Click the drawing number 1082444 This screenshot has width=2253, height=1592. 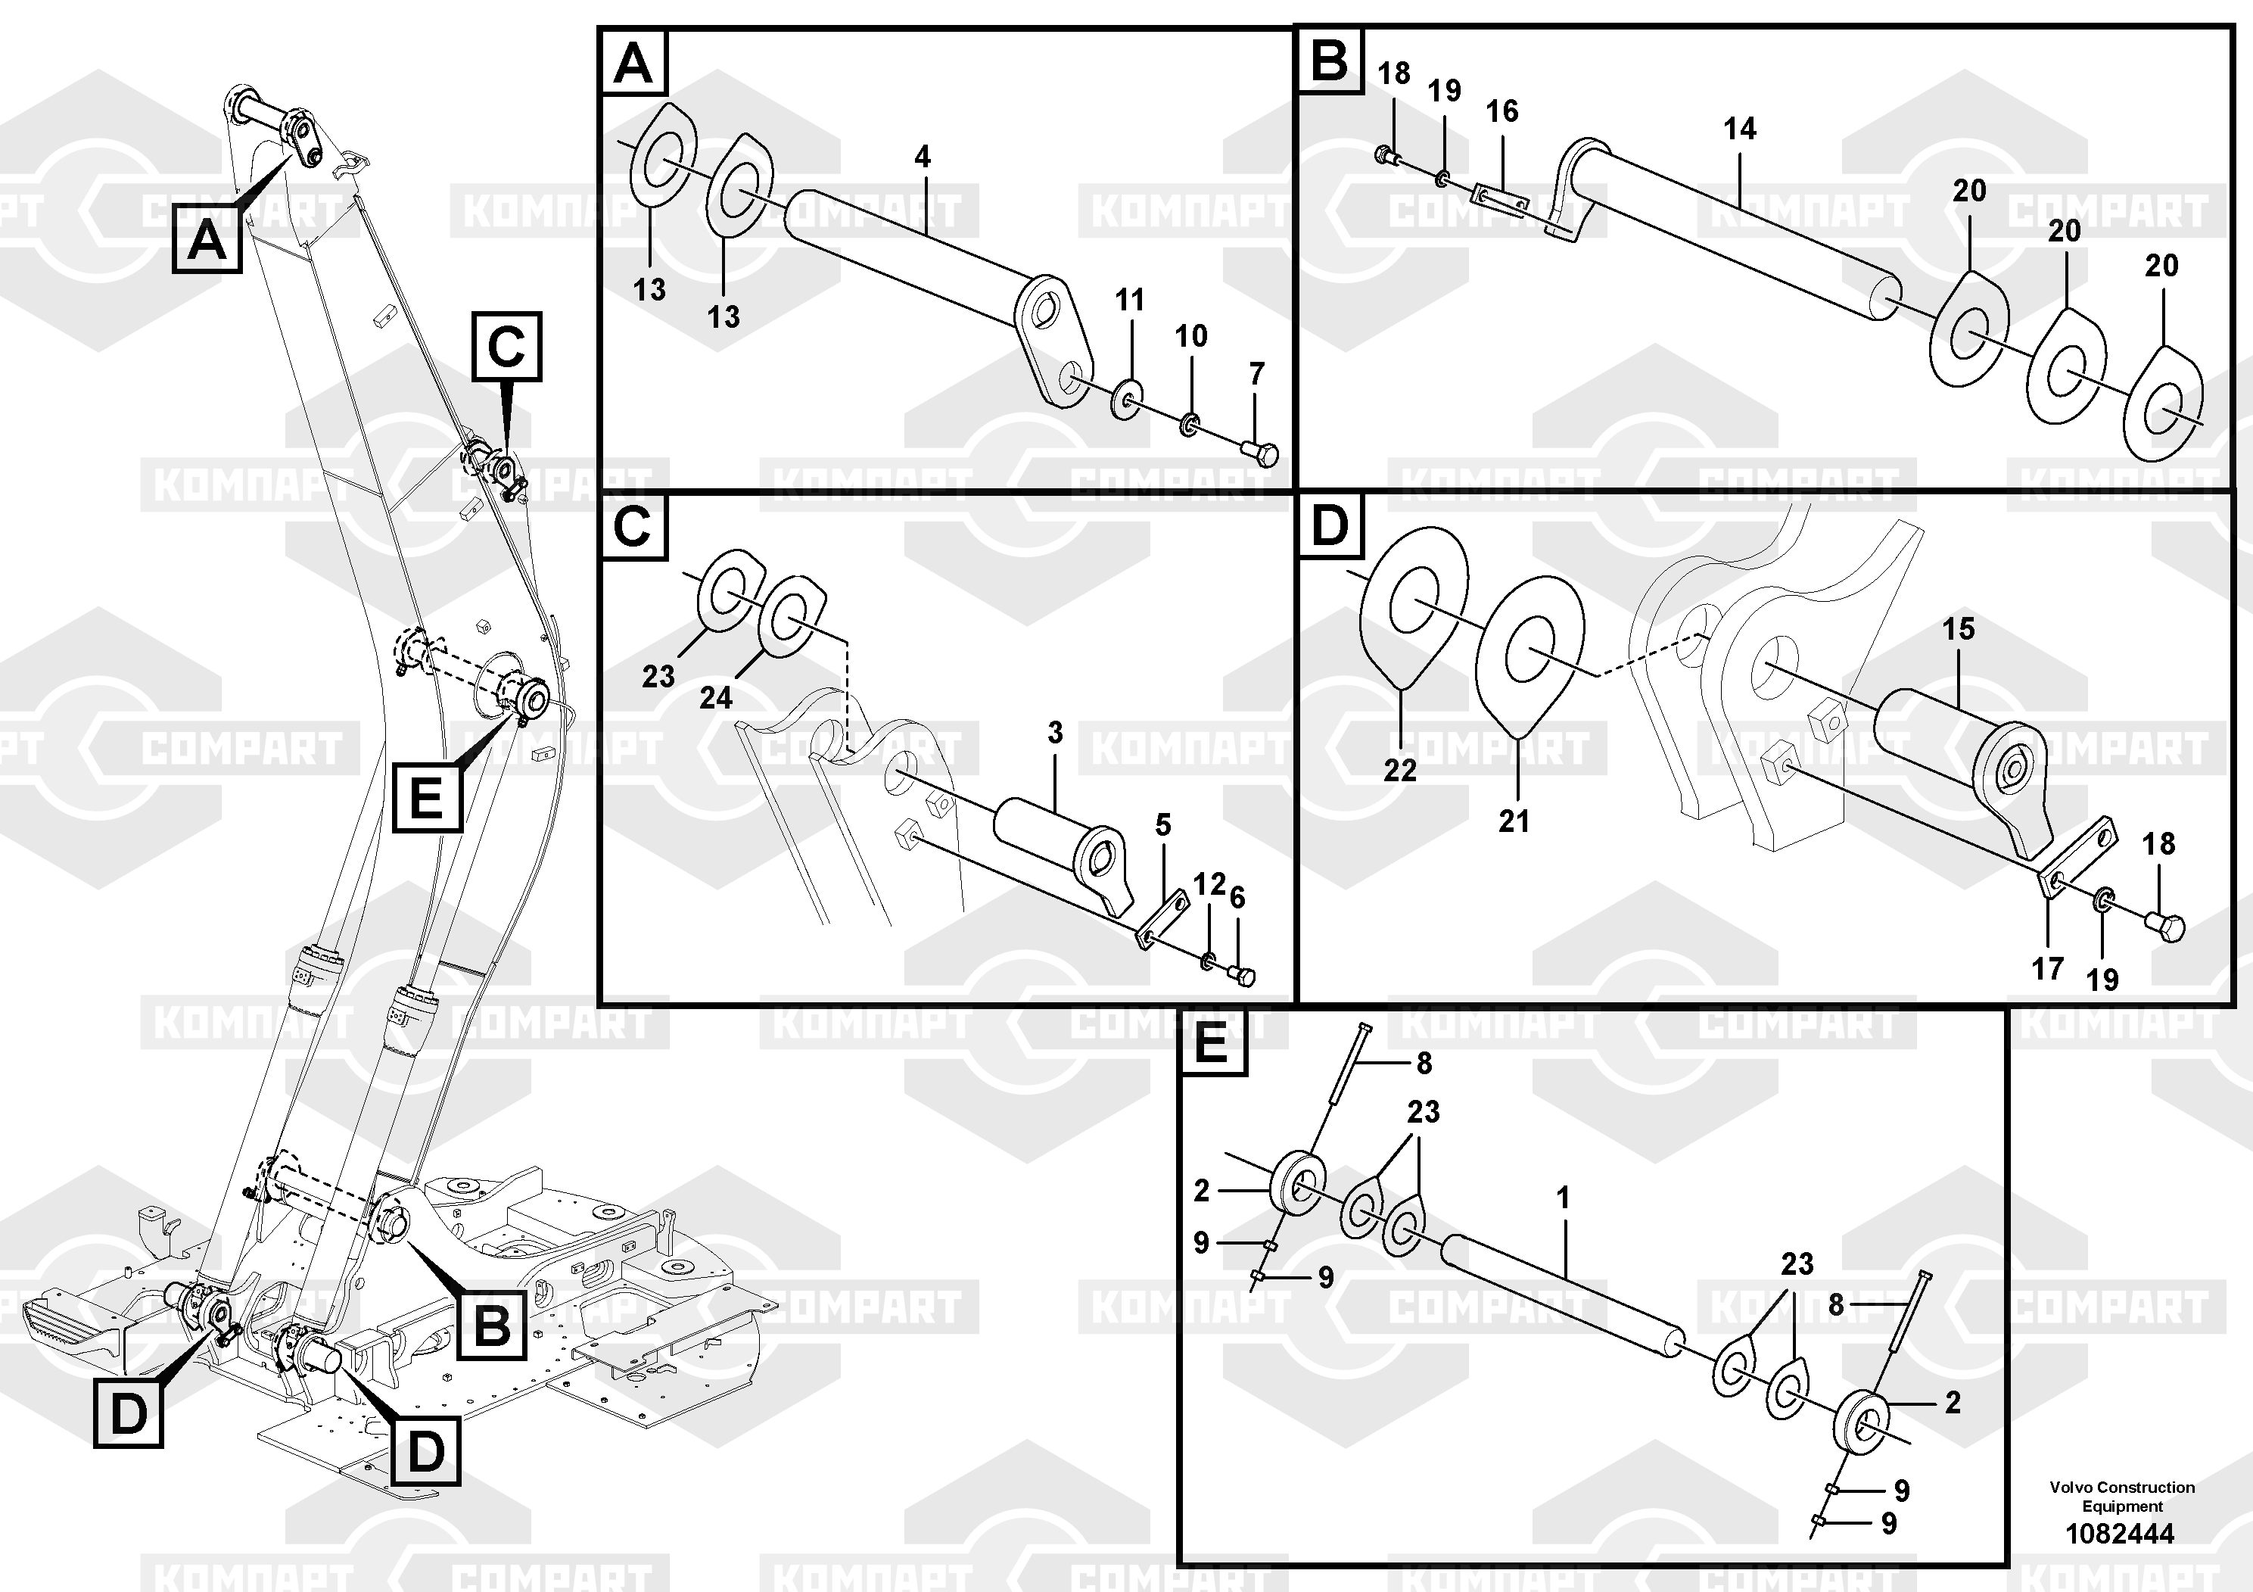pos(2120,1533)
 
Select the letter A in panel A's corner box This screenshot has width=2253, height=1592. pos(633,65)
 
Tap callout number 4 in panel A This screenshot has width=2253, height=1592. pos(922,156)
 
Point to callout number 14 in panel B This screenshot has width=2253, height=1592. pos(1739,129)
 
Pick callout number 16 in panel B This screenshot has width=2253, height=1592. pos(1501,111)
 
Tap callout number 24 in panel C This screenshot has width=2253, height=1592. pos(715,698)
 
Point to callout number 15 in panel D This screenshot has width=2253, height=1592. pos(1958,629)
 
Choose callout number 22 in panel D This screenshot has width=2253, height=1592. pos(1399,771)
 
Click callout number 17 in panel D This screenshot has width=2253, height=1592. pos(2047,969)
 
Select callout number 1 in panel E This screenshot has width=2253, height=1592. pos(1563,1198)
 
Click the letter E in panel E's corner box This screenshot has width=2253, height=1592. pos(1211,1043)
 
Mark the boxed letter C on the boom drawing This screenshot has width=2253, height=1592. pos(506,347)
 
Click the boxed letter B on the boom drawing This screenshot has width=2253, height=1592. pos(490,1325)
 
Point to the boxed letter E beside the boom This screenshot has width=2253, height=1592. pos(427,797)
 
